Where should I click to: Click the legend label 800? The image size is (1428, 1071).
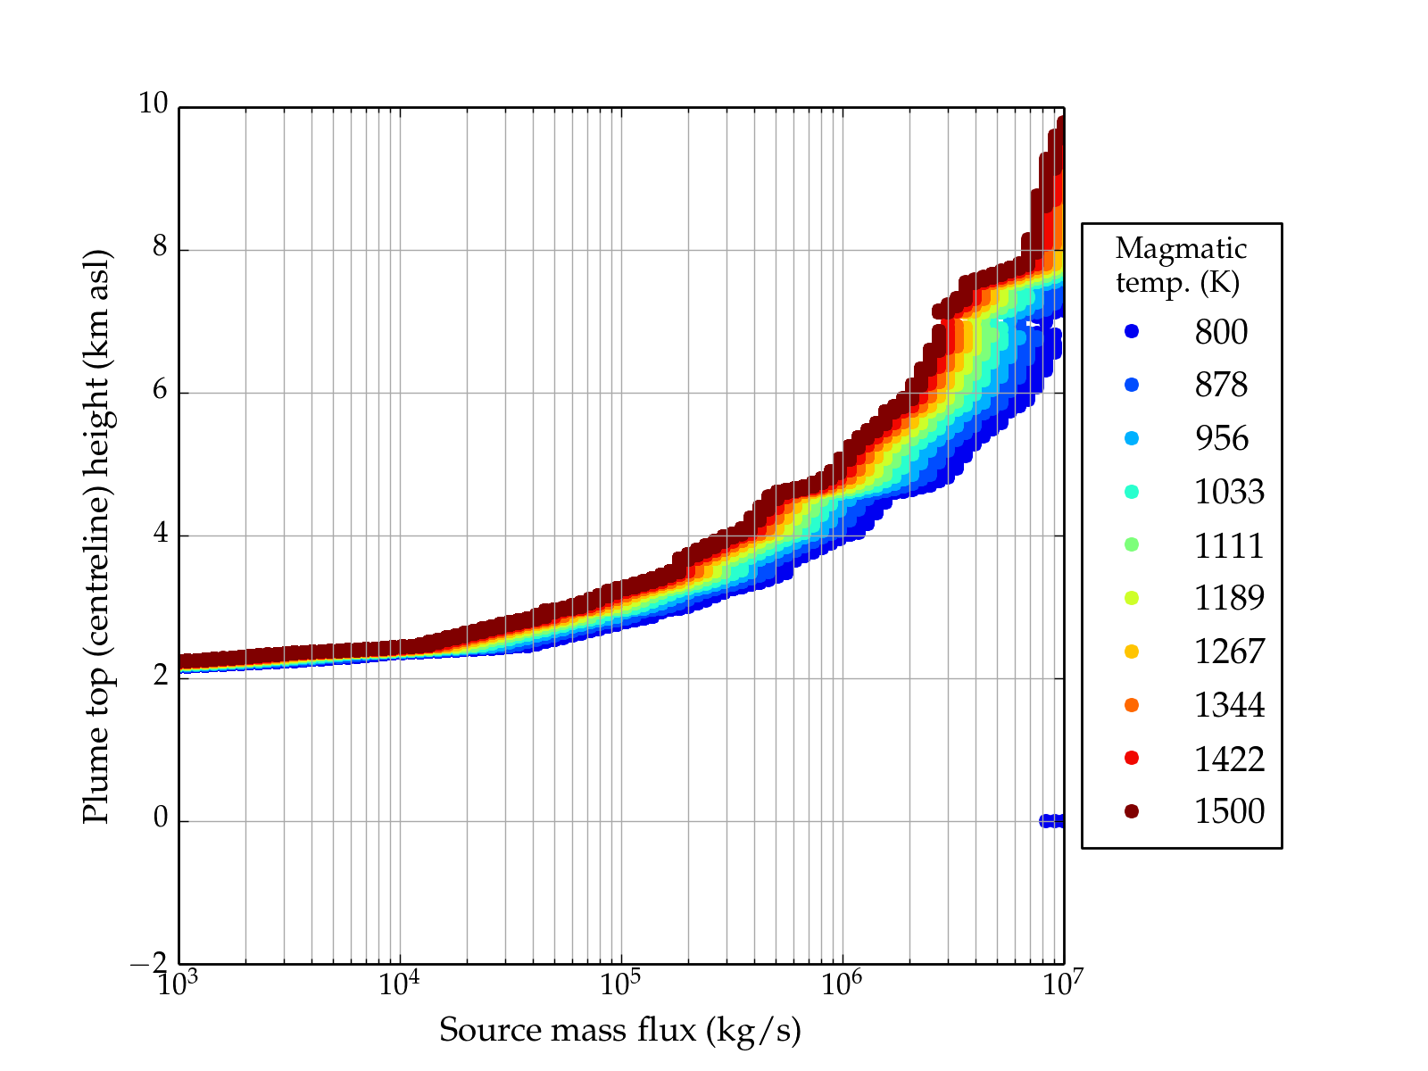pos(1221,332)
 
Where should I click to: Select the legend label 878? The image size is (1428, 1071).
pos(1221,385)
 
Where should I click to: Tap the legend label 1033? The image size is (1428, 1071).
pos(1229,492)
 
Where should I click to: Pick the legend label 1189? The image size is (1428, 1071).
pos(1229,598)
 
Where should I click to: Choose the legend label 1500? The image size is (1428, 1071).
pos(1229,811)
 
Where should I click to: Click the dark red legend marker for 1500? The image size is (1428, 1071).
pos(1132,811)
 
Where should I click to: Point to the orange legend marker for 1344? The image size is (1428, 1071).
pos(1132,705)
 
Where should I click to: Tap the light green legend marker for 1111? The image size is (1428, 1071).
pos(1132,544)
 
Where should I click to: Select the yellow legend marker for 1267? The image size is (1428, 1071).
pos(1132,652)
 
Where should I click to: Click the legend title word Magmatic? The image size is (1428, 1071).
pos(1181,248)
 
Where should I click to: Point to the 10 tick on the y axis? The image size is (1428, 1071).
pos(153,104)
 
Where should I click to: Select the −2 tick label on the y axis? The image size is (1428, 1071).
pos(149,963)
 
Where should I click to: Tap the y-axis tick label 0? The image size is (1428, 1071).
pos(160,818)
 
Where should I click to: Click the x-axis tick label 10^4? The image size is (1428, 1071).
pos(398,984)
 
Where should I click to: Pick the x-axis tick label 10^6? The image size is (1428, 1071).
pos(841,984)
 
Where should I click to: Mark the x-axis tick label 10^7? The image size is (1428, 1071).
pos(1062,984)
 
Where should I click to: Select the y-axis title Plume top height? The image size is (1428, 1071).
pos(95,535)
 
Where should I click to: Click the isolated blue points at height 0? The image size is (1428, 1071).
pos(1051,821)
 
